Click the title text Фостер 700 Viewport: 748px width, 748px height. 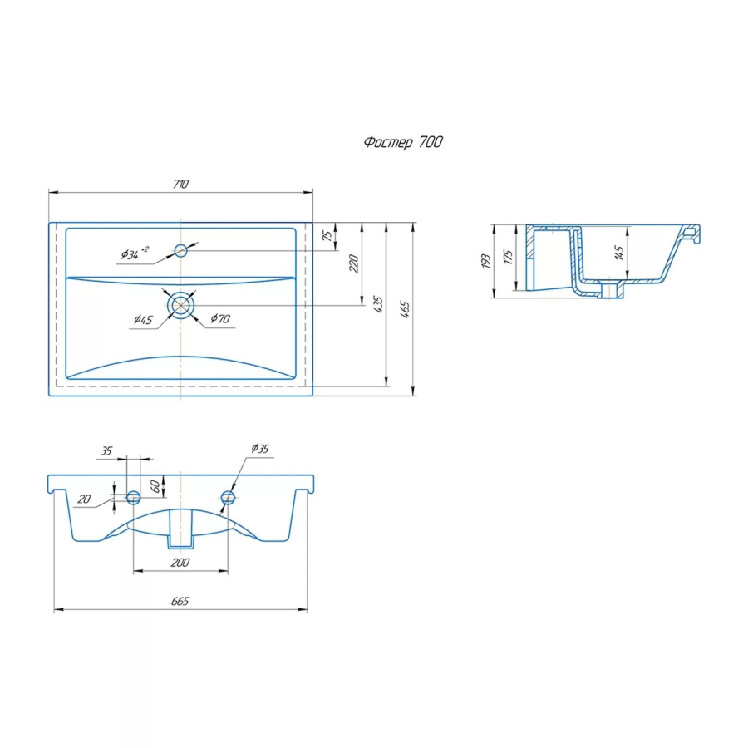[x=403, y=142]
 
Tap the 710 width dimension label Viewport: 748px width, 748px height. [x=181, y=184]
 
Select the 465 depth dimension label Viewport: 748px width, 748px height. [x=405, y=309]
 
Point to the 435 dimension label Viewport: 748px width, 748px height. [x=378, y=304]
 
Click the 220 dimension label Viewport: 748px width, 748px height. [x=353, y=263]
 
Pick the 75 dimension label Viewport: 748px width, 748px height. [x=327, y=236]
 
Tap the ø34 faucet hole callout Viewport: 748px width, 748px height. [x=135, y=253]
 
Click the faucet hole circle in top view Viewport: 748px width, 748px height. [x=181, y=250]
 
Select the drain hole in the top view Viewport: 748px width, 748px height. [x=181, y=305]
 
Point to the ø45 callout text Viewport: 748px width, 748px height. [x=143, y=320]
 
